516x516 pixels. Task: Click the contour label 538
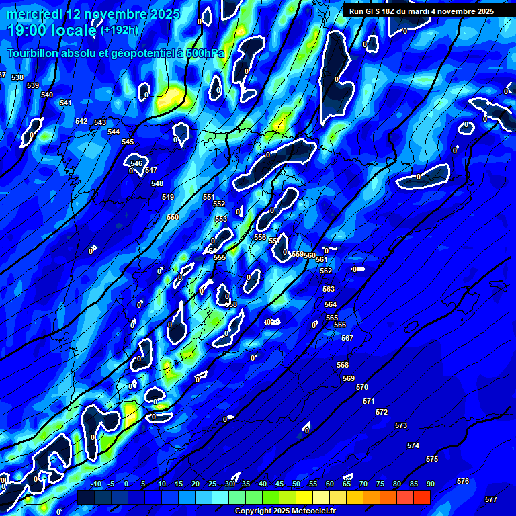tap(17, 78)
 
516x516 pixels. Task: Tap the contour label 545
tap(128, 142)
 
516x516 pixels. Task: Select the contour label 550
tap(173, 217)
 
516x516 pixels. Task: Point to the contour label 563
tap(329, 289)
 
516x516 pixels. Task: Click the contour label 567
tap(347, 338)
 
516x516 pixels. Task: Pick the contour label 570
tap(362, 387)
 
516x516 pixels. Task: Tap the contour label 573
tap(401, 425)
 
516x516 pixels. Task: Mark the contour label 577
tap(491, 499)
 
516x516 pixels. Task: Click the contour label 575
tap(432, 459)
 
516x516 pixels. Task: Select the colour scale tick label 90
tap(430, 484)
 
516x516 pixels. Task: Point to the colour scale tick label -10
tap(95, 484)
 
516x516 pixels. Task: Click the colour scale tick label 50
tap(296, 484)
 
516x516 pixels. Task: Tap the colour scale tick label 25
tap(212, 484)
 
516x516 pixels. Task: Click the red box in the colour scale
tap(421, 497)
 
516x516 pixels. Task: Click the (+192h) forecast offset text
tap(120, 30)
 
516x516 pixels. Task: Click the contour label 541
tap(65, 103)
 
